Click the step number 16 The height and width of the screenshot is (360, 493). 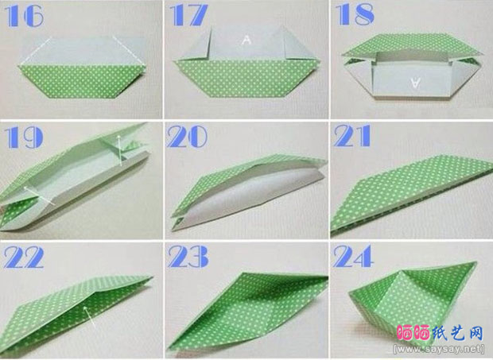[24, 16]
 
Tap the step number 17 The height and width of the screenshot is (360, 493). [188, 15]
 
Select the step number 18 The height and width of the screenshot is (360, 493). [355, 15]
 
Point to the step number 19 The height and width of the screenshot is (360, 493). [24, 137]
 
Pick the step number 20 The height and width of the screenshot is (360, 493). [187, 137]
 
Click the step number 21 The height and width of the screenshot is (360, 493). [352, 136]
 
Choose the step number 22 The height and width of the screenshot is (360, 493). [24, 257]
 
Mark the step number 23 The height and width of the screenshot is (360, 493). [188, 257]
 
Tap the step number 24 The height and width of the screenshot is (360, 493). [353, 256]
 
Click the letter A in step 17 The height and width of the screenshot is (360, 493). [246, 40]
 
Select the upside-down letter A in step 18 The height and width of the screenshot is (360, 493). [415, 83]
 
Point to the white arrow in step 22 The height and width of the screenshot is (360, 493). [89, 316]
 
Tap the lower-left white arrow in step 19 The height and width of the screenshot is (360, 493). [39, 195]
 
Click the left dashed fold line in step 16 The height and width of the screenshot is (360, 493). [35, 51]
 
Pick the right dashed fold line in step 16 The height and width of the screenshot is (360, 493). [129, 51]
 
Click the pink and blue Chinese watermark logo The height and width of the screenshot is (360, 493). [440, 333]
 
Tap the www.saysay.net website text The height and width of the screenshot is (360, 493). [439, 349]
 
